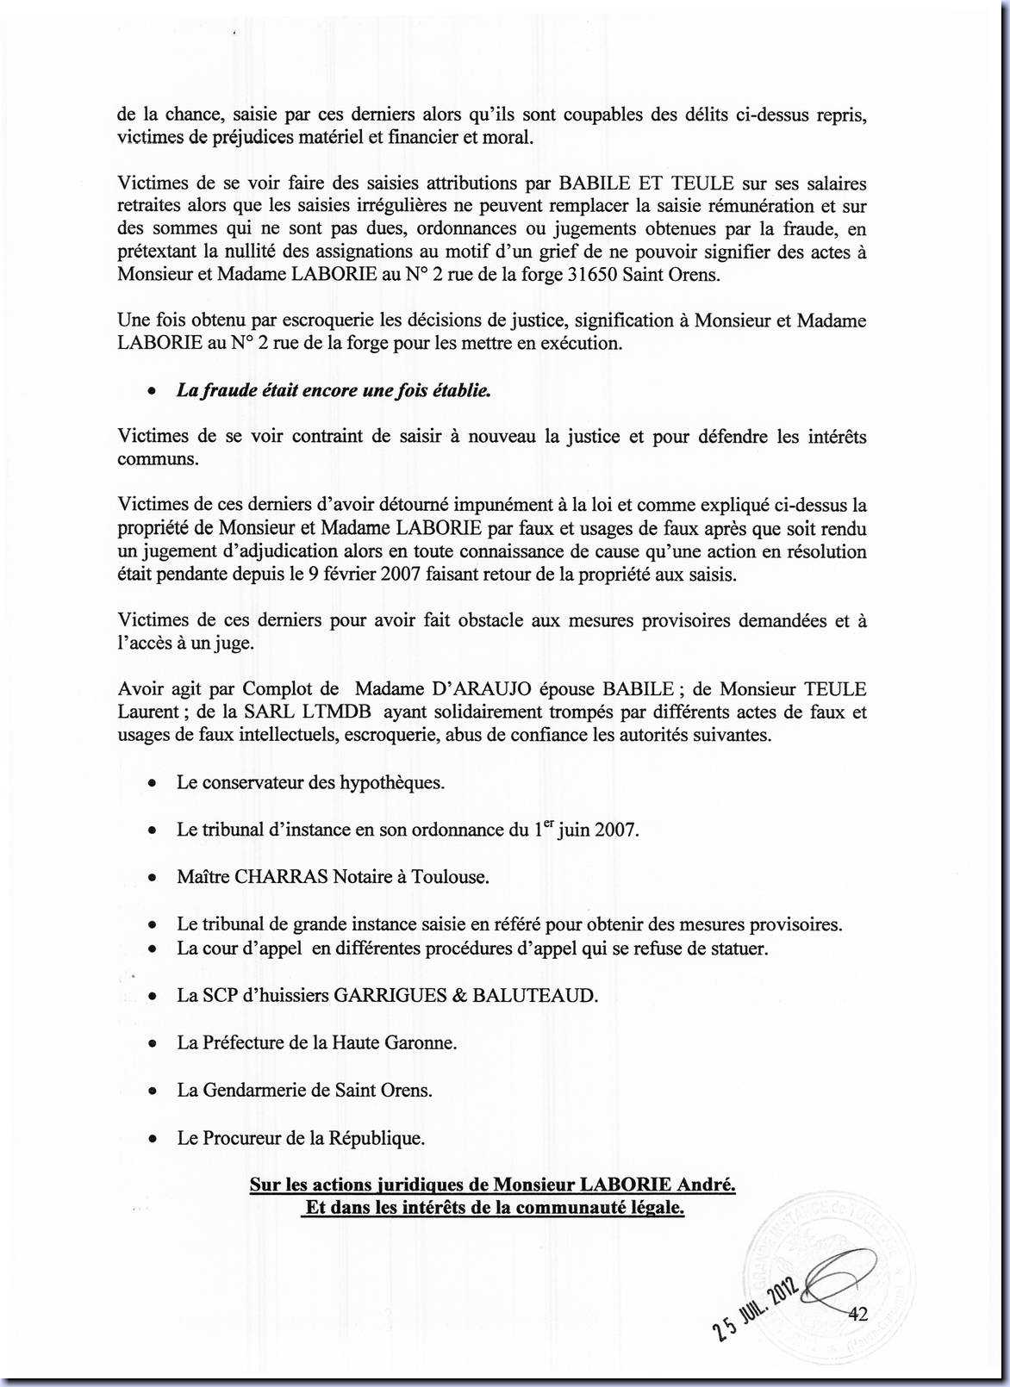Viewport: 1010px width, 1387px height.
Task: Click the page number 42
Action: click(x=857, y=1314)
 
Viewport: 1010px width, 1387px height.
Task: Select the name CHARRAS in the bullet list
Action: click(x=281, y=877)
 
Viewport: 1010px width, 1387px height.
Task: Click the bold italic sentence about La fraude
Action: click(x=334, y=389)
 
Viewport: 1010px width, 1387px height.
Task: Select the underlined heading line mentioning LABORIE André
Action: click(x=492, y=1185)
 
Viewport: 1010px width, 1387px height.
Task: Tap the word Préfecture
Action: click(x=243, y=1042)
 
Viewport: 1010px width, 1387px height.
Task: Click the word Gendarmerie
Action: click(x=253, y=1090)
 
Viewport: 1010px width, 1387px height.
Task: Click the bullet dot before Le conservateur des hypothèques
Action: click(x=153, y=784)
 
